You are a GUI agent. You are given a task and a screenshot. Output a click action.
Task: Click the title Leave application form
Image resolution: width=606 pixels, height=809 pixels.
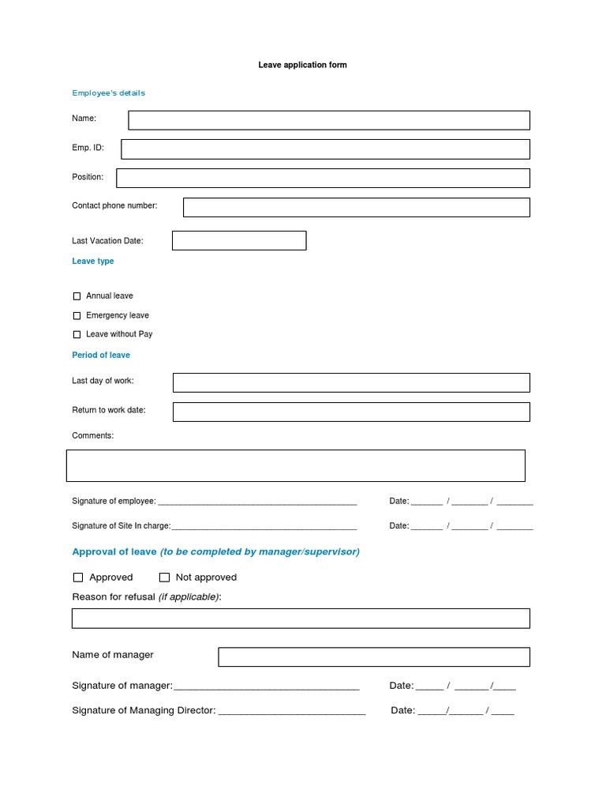click(x=302, y=65)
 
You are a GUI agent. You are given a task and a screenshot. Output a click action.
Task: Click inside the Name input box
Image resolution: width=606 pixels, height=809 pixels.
click(x=329, y=120)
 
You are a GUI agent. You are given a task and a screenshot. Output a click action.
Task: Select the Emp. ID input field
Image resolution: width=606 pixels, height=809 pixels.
click(x=325, y=149)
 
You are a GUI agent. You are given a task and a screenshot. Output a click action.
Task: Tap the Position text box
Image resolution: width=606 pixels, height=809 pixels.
click(x=323, y=178)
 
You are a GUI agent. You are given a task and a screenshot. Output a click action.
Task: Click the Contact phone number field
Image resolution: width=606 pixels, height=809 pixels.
click(x=356, y=207)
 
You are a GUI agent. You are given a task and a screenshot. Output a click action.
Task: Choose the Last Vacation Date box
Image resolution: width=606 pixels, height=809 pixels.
click(x=239, y=241)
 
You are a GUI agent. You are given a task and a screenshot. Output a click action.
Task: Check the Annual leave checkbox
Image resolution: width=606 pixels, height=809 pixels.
click(x=77, y=296)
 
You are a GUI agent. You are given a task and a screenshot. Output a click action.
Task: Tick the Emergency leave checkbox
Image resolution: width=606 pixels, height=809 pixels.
click(x=77, y=316)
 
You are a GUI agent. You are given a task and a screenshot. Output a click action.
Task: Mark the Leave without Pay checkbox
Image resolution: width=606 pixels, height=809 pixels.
click(x=77, y=335)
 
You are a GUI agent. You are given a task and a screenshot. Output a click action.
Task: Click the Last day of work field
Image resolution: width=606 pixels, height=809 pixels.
click(x=351, y=382)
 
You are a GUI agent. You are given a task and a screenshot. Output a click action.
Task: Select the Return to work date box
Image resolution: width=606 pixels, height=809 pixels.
click(x=351, y=412)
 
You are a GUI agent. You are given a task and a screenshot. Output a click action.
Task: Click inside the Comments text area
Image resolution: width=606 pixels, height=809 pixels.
click(x=296, y=465)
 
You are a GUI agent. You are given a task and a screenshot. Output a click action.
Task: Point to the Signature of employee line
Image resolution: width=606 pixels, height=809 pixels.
click(x=257, y=502)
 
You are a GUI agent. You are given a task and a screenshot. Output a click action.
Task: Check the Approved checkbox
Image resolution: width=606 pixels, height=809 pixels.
click(x=78, y=578)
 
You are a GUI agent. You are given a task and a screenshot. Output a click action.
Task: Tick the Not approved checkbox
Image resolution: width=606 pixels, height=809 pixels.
click(x=164, y=578)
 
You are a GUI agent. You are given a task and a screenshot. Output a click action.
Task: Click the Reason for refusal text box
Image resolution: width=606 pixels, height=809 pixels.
click(x=301, y=618)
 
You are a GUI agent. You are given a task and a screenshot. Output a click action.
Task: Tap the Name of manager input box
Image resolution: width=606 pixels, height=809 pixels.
click(x=374, y=657)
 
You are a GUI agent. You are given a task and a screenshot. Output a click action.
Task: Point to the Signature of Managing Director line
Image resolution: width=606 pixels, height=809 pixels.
click(x=292, y=711)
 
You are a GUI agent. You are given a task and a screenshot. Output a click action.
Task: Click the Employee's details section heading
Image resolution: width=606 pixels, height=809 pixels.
click(x=109, y=93)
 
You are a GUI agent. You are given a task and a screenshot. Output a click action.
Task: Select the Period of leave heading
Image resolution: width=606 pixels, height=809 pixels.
click(x=101, y=356)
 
